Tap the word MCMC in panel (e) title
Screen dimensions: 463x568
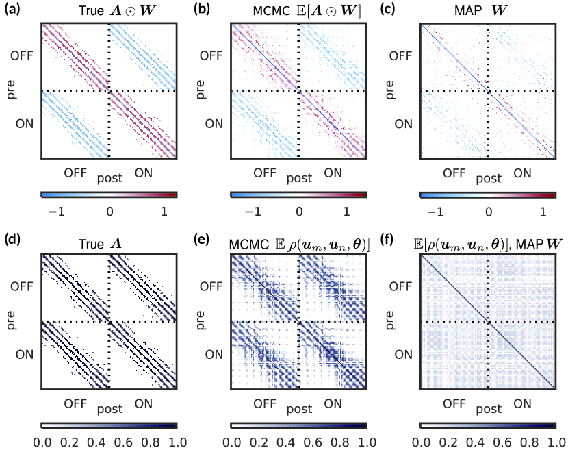(x=248, y=240)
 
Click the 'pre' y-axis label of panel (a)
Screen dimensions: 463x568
(x=10, y=91)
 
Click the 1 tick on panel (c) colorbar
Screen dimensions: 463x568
(x=543, y=212)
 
